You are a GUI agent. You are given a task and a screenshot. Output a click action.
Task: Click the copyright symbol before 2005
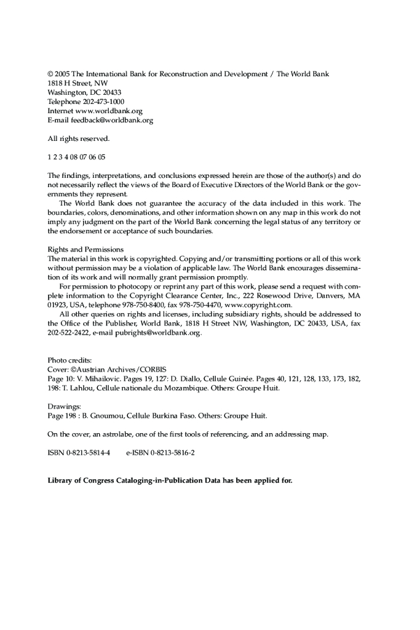[51, 74]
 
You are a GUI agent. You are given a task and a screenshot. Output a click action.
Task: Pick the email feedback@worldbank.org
[112, 121]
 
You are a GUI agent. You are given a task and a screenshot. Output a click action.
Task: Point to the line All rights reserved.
[78, 139]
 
